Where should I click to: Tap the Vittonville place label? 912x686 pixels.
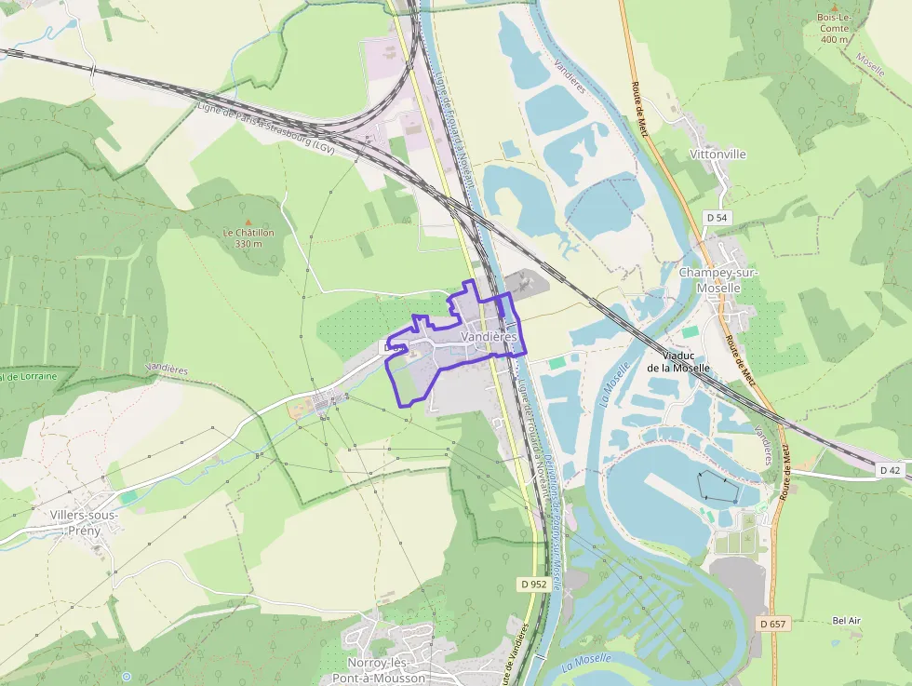pos(718,155)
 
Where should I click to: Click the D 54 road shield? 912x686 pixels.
pos(716,217)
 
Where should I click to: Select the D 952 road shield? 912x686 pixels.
pos(533,585)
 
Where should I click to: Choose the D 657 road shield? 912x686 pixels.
pos(774,623)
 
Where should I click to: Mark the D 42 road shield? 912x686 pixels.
pos(891,471)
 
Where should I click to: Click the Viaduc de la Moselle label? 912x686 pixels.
pos(678,361)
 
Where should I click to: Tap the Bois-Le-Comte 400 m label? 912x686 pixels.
pos(833,28)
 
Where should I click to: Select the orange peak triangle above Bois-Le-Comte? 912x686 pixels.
pos(833,7)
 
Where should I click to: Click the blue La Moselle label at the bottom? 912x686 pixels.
pos(587,663)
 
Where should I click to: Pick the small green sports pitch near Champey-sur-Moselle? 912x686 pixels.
pos(690,331)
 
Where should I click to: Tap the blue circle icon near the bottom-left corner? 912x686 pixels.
pos(127,677)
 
